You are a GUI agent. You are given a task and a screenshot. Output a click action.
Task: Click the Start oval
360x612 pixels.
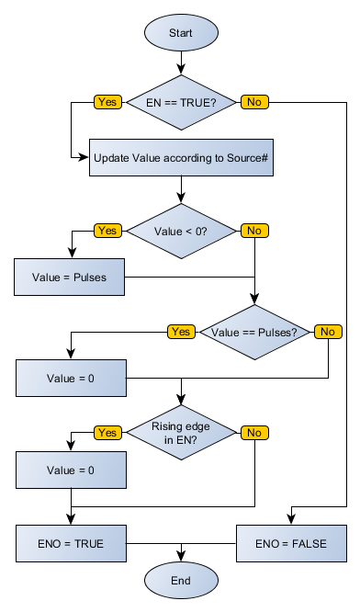(x=181, y=32)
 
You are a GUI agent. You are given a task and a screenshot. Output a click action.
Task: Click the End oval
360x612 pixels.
(x=181, y=581)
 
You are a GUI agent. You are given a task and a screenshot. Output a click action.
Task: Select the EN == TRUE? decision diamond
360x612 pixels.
(x=181, y=101)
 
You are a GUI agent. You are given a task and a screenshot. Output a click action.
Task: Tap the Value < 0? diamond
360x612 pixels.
(x=181, y=230)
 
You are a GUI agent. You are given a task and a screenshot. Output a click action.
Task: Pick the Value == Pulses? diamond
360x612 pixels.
(x=254, y=331)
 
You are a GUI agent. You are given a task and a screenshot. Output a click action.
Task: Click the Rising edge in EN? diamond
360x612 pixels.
(x=181, y=432)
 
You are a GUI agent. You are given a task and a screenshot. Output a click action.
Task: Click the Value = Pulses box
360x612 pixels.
(x=70, y=277)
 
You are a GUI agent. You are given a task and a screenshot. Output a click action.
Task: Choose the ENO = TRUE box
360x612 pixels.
(x=70, y=543)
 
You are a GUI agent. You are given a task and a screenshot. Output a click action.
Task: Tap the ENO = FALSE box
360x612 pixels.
(x=291, y=543)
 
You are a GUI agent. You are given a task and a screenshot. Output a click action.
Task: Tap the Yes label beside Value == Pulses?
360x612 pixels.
(x=181, y=331)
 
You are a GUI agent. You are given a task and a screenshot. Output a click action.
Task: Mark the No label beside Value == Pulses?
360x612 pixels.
(x=328, y=331)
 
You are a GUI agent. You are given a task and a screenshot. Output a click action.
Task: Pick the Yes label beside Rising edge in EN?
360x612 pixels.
(x=107, y=432)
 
